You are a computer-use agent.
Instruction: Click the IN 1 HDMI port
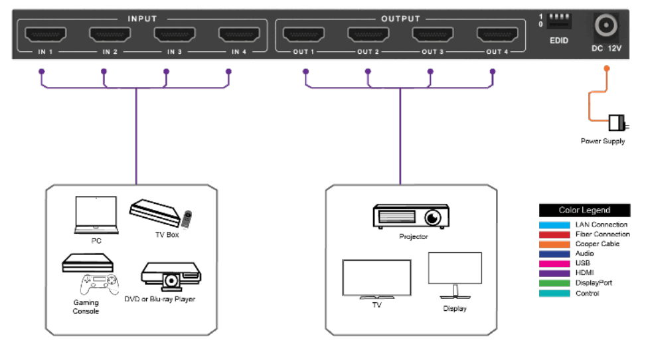pos(45,35)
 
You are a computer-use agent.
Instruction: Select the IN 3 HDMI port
pos(174,35)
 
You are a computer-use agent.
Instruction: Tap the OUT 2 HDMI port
pos(368,35)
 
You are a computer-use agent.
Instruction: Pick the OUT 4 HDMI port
pos(497,35)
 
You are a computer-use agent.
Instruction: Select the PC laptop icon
pos(96,215)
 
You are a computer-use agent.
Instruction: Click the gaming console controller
pos(99,283)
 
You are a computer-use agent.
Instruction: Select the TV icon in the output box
pos(376,278)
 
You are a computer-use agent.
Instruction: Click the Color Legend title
pos(584,211)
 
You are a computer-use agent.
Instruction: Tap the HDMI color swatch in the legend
pos(554,273)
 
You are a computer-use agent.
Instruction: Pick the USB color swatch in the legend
pos(554,264)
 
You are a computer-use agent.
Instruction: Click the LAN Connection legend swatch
pos(554,225)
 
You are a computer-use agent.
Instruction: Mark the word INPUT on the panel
pos(142,19)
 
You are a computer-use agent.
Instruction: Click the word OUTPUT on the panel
pos(400,19)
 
